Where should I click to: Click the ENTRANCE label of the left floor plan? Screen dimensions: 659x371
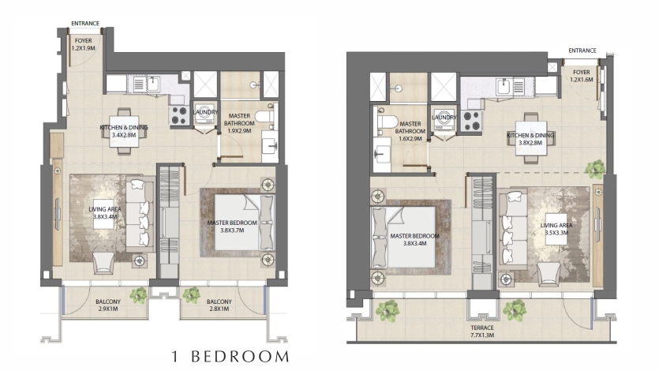tap(85, 24)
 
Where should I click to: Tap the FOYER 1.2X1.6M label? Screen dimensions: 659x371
tap(581, 76)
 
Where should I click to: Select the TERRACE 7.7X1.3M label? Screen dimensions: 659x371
tap(482, 331)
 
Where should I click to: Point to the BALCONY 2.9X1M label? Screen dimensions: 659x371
tap(107, 305)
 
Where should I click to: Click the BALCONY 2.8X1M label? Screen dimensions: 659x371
tap(219, 305)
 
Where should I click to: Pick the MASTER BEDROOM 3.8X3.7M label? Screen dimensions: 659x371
tap(232, 227)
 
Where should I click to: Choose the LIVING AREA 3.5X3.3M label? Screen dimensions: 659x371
tap(556, 229)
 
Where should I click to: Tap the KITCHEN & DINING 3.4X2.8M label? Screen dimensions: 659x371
tap(124, 131)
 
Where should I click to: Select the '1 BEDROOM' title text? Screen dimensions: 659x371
tap(230, 357)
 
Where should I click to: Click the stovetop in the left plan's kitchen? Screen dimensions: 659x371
tap(178, 114)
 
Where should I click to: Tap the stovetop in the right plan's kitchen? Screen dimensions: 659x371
tap(470, 120)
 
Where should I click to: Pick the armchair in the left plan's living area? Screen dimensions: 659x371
tap(103, 263)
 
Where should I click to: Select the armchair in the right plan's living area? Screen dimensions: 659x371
tap(549, 274)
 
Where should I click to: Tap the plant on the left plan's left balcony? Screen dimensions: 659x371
tap(138, 295)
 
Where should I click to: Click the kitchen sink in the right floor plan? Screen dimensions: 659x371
tap(504, 87)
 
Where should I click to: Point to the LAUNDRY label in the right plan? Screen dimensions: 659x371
tap(444, 118)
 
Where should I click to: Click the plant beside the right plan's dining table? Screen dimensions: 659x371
tap(596, 169)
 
